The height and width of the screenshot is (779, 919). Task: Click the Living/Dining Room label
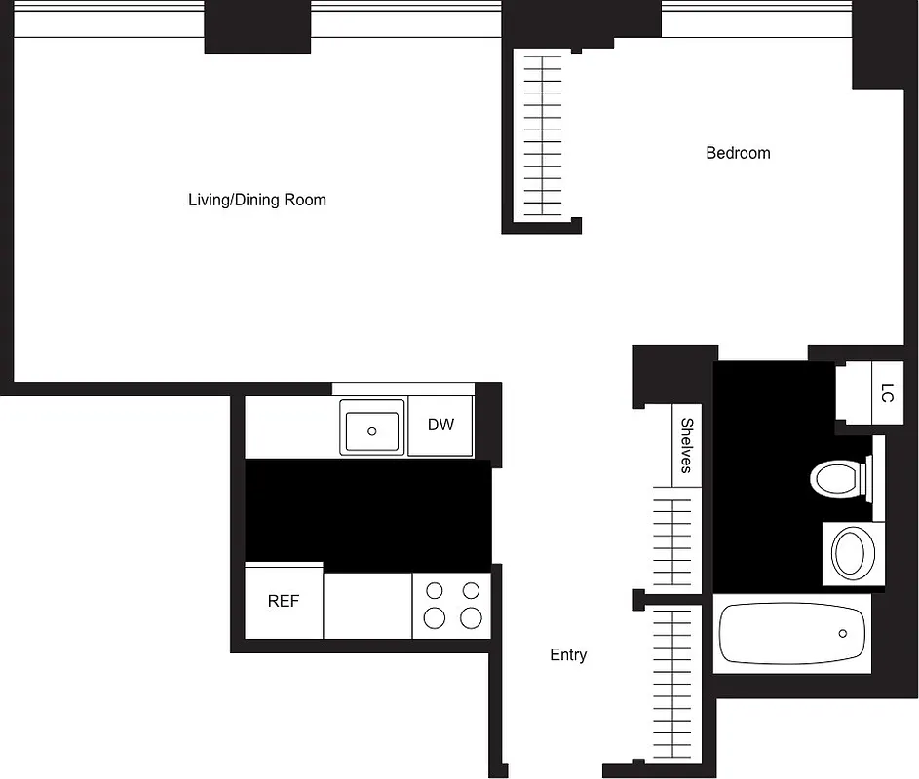257,200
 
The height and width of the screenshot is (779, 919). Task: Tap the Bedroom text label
738,153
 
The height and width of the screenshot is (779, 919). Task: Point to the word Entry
568,655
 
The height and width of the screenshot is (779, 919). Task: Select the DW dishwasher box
440,426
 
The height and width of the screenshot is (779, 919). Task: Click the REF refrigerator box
284,602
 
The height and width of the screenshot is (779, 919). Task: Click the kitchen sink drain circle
371,430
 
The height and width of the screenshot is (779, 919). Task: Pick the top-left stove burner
435,590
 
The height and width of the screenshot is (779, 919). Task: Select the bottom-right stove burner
471,617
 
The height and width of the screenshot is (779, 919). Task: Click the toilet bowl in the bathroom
833,478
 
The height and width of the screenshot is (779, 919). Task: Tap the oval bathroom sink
852,553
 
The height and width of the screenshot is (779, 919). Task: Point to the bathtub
792,633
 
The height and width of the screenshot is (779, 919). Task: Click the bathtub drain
845,633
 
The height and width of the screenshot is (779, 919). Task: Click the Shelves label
686,445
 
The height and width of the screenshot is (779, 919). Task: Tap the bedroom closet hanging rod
543,135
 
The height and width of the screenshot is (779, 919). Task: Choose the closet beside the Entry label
671,682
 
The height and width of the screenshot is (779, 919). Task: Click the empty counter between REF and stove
367,606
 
